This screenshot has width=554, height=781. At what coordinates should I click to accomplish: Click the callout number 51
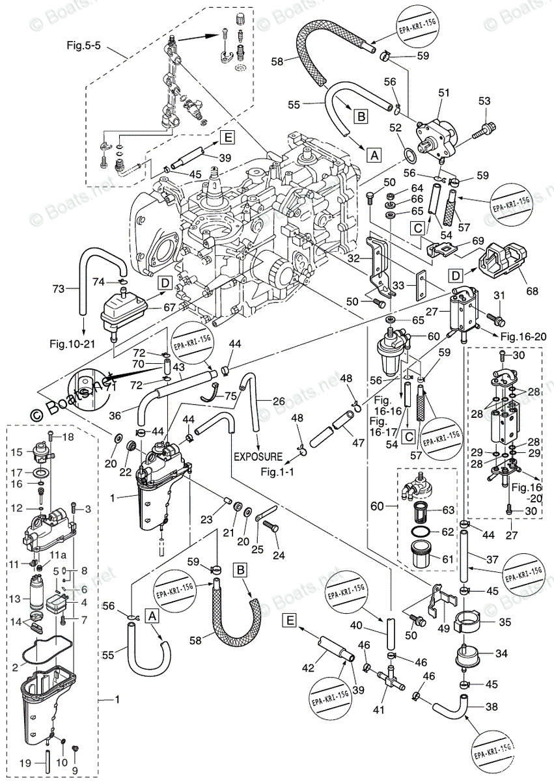tap(444, 94)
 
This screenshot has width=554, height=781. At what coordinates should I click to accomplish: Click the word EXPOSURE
tap(258, 457)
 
